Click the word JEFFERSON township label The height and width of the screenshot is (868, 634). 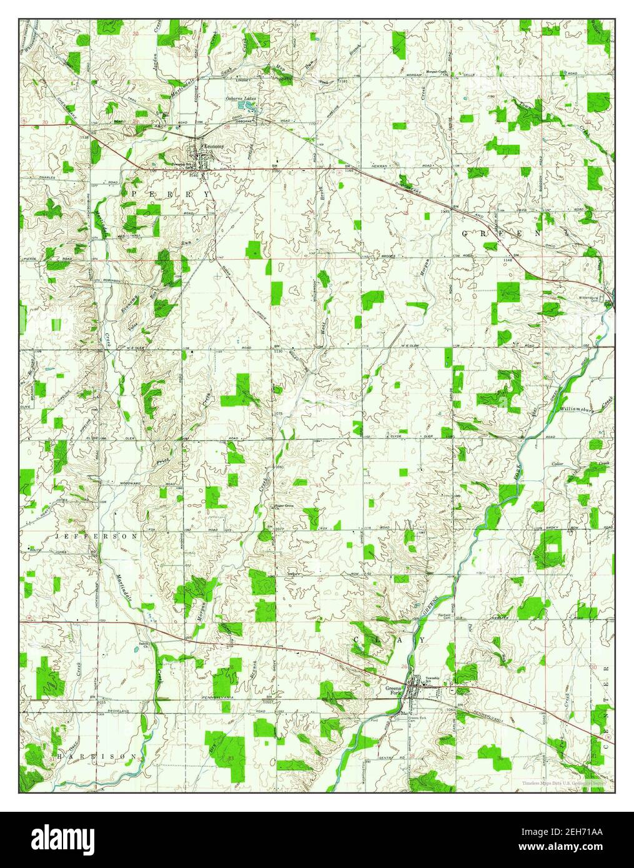96,536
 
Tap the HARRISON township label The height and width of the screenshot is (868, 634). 96,756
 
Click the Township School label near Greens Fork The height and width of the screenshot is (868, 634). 433,679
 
